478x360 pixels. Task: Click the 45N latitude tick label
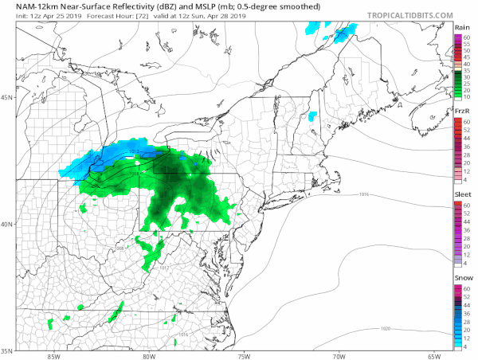point(6,97)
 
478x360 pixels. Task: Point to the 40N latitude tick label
point(6,224)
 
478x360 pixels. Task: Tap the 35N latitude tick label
point(6,350)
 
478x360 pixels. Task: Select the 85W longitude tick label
point(54,355)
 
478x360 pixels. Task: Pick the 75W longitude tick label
point(244,355)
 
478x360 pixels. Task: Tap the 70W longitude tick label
point(339,355)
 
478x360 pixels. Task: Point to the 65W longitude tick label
point(433,355)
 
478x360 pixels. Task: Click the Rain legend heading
point(460,27)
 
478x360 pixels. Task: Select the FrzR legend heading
point(460,112)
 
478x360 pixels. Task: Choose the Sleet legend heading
point(460,195)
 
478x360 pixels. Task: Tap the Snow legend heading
point(460,279)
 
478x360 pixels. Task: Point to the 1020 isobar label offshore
point(385,327)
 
